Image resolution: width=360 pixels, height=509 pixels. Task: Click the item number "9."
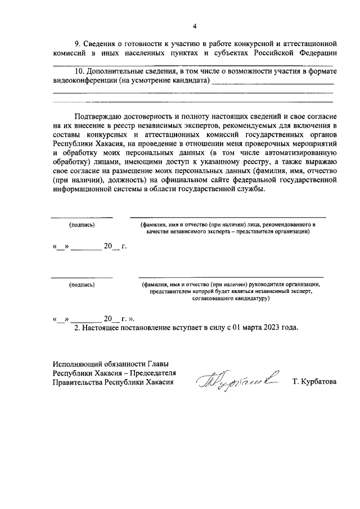coord(78,44)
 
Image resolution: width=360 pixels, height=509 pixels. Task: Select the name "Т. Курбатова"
coord(314,382)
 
